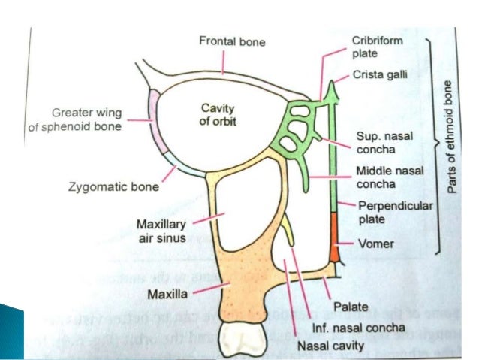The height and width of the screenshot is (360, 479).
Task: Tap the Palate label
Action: click(x=352, y=306)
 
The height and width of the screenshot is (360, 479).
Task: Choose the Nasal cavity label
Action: click(x=331, y=346)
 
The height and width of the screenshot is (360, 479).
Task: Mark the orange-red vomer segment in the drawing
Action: click(x=334, y=237)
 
